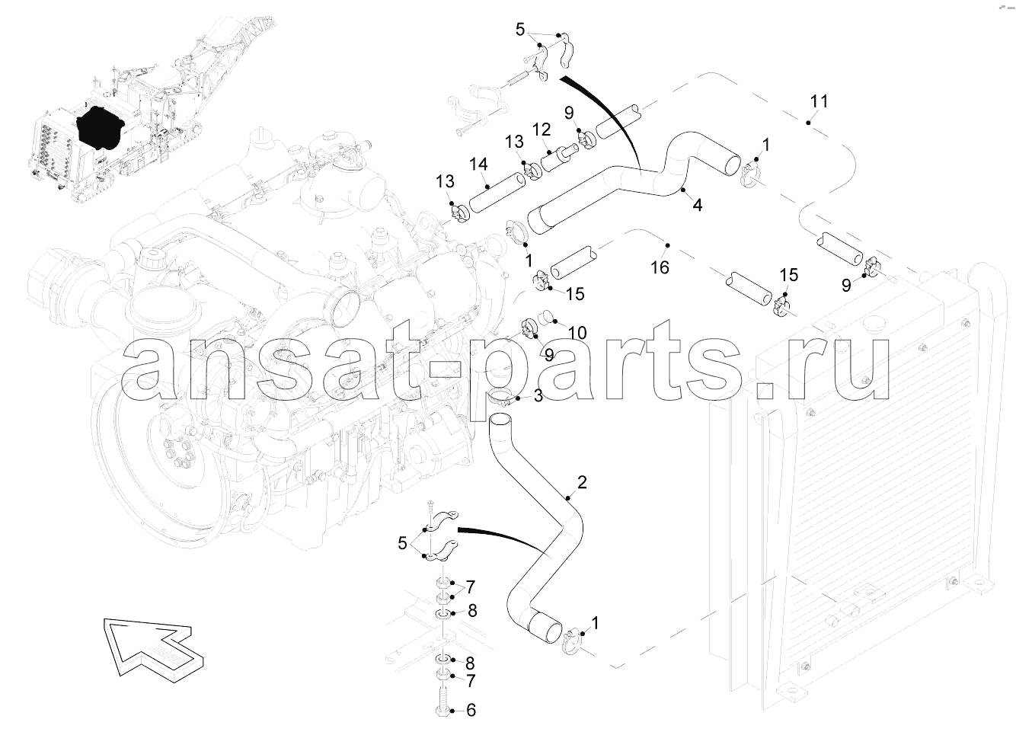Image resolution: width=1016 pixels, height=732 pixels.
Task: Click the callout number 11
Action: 819,101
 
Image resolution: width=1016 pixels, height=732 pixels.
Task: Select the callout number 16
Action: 660,267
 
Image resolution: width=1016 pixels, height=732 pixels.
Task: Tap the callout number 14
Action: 478,165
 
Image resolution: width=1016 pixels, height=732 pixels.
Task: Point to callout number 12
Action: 541,129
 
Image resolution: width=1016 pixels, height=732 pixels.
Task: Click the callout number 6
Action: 471,710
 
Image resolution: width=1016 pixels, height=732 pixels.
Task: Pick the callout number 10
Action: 577,333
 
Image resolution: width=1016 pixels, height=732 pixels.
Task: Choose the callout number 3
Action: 538,395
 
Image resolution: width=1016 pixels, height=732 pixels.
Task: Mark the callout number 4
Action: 698,205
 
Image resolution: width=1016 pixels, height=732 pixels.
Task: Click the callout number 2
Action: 582,482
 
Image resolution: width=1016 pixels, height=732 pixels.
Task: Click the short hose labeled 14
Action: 497,192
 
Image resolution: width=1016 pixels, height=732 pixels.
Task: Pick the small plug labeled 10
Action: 547,316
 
